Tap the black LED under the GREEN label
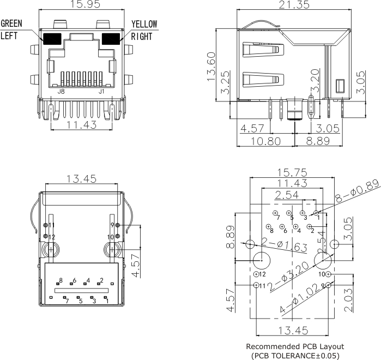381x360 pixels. (52, 39)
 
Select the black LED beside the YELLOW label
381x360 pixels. (111, 39)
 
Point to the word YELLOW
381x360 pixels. (144, 24)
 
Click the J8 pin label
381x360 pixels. (62, 92)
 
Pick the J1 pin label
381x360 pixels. (101, 92)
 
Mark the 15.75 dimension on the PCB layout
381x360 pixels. (293, 171)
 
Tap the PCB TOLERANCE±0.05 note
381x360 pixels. (295, 356)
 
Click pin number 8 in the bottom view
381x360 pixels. (61, 280)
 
